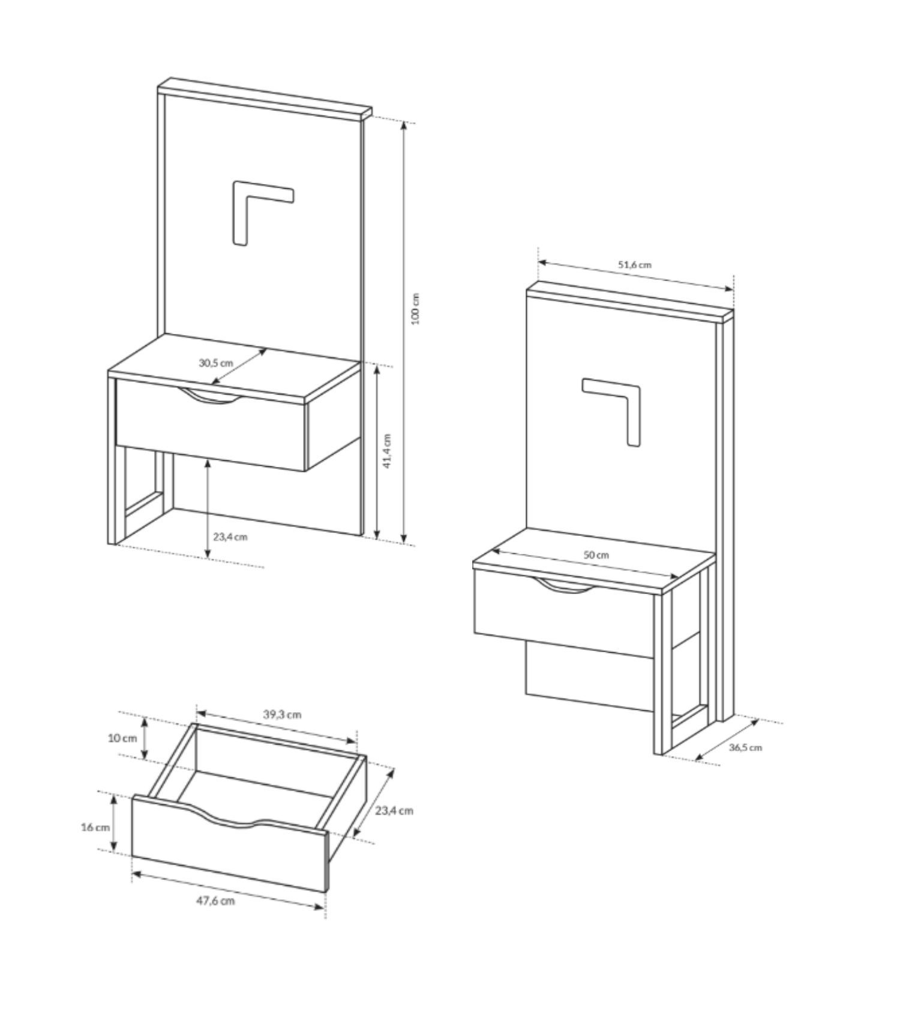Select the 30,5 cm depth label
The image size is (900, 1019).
pos(216,363)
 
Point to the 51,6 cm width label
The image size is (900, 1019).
pos(635,264)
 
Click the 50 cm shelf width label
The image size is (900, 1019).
pos(596,555)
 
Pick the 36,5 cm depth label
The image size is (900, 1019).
pos(746,747)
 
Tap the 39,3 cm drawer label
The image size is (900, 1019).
pos(282,714)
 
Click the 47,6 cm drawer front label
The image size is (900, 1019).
pos(215,901)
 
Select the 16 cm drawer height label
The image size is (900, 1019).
pos(95,827)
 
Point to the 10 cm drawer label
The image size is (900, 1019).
pos(122,738)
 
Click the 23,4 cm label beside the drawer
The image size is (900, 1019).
pos(394,810)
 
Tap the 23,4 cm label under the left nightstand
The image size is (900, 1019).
pos(230,536)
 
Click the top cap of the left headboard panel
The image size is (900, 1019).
pos(265,97)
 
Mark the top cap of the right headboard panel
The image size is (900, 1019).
pos(630,302)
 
